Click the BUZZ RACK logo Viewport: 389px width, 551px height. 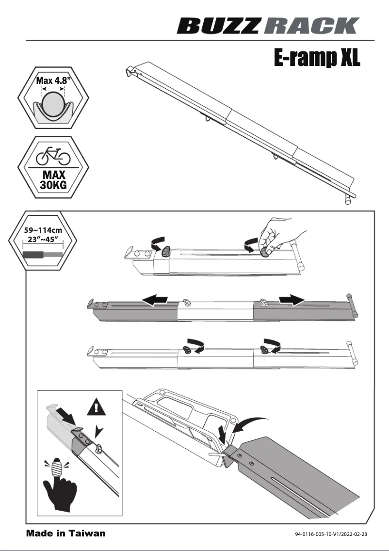pyautogui.click(x=269, y=25)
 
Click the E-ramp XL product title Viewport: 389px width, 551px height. pyautogui.click(x=317, y=58)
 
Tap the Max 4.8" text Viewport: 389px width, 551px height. pyautogui.click(x=53, y=81)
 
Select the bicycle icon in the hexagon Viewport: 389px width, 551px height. pyautogui.click(x=53, y=156)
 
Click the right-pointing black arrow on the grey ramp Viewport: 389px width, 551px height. pyautogui.click(x=292, y=301)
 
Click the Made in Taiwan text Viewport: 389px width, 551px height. pyautogui.click(x=65, y=534)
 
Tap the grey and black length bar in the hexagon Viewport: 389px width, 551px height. pyautogui.click(x=43, y=254)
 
